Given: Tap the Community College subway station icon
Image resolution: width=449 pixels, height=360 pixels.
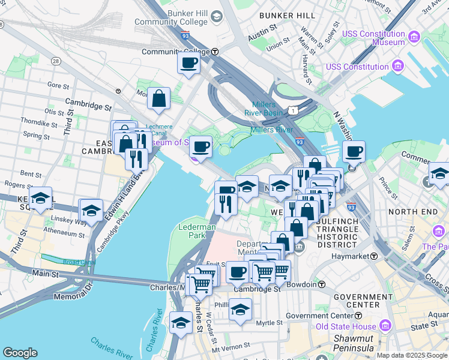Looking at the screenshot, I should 214,52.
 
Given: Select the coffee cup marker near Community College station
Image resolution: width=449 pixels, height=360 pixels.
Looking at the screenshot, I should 188,62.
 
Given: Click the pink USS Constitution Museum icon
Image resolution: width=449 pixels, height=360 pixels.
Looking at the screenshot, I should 414,38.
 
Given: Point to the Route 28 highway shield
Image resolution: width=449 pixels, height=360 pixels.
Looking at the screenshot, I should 56,61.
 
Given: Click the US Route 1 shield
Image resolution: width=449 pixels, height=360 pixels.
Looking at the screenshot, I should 292,110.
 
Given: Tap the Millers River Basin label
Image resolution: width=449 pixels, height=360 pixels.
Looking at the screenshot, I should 264,109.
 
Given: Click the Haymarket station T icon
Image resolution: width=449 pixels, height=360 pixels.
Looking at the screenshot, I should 373,256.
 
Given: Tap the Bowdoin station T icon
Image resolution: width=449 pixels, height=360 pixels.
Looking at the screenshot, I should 322,284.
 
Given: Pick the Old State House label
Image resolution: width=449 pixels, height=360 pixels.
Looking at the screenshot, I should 346,327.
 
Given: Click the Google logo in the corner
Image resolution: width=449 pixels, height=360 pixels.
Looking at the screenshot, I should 20,353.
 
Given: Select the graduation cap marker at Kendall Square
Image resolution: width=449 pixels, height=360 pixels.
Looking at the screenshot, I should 40,198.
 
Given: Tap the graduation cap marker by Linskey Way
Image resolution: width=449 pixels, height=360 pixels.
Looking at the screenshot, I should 91,210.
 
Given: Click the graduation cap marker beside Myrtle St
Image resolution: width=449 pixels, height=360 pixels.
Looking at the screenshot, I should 240,310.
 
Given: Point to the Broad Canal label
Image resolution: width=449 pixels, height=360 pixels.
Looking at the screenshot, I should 79,262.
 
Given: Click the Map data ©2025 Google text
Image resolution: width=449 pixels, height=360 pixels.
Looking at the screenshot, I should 411,355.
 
